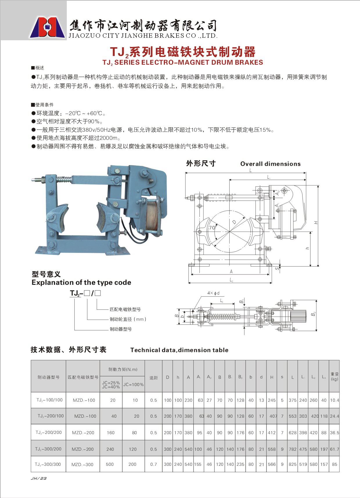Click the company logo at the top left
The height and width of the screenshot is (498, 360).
point(47,27)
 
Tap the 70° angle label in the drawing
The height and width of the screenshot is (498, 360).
point(212,227)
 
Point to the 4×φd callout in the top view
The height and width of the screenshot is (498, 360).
point(213,293)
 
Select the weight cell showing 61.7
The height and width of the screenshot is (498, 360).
point(334,449)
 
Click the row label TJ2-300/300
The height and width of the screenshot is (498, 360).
point(48,464)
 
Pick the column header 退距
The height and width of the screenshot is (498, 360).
point(153,378)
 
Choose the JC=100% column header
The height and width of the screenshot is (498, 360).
point(133,385)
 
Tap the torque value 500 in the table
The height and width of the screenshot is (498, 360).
point(110,464)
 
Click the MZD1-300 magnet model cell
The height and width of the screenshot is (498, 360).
point(82,464)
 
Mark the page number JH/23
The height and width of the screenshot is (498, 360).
point(39,478)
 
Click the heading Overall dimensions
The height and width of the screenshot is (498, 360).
point(270,164)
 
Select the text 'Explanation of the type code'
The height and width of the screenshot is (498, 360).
point(81,282)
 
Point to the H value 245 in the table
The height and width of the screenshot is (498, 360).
point(272,400)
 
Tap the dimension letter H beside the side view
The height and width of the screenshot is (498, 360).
point(316,222)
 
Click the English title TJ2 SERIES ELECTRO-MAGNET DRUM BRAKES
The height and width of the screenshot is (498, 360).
point(183,62)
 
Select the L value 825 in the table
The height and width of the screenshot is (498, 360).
point(292,464)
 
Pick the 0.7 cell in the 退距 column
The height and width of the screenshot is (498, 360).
point(153,464)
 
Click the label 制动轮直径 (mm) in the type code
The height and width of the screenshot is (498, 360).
point(128,319)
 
